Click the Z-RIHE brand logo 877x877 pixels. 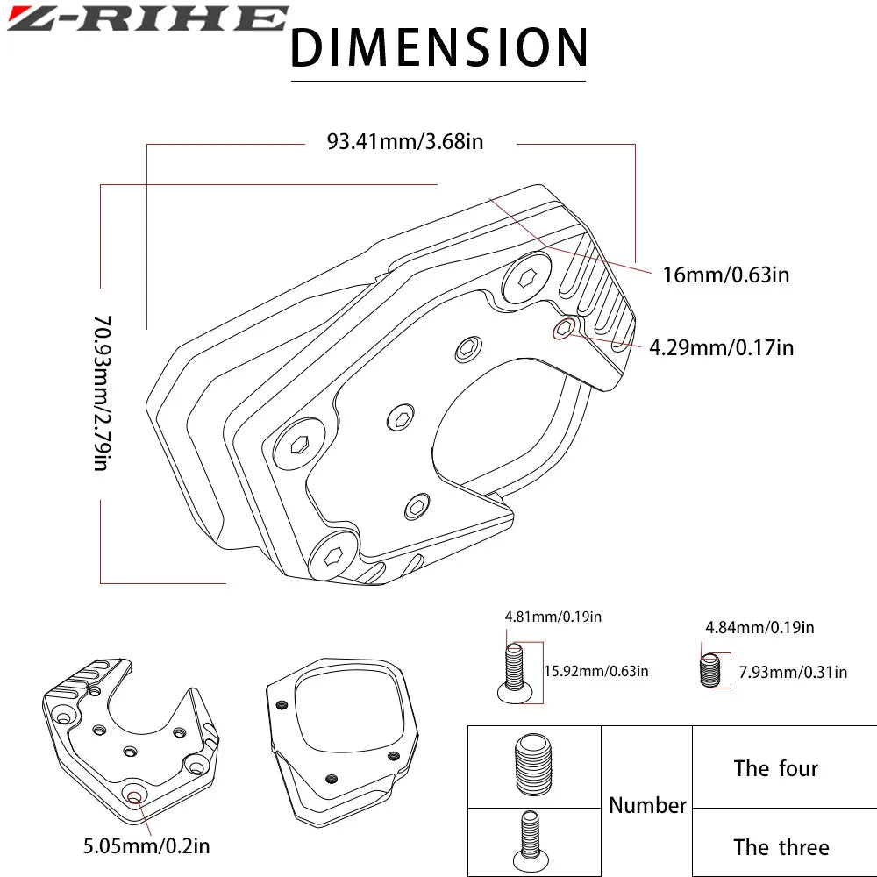(x=147, y=18)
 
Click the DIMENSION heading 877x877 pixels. (x=438, y=47)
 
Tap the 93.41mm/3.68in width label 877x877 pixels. (x=405, y=141)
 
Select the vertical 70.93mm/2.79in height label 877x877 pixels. (x=103, y=393)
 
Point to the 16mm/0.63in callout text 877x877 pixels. (x=726, y=275)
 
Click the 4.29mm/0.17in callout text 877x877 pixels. (x=722, y=347)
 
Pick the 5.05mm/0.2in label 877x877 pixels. (x=146, y=845)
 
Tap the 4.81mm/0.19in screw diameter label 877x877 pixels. (x=553, y=617)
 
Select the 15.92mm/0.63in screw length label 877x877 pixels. (x=596, y=671)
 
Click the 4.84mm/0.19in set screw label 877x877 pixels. (x=759, y=627)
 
